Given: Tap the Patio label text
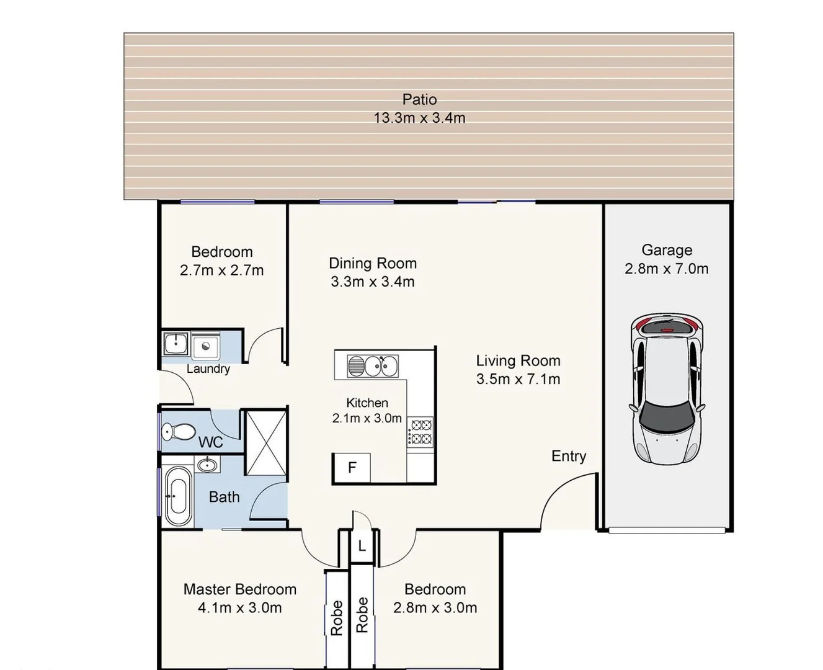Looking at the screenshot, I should click(419, 99).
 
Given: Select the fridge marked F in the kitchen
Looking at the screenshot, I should click(352, 468).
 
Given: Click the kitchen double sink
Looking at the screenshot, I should click(372, 366).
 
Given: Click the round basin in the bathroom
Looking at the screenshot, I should click(207, 464).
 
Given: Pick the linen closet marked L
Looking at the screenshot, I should click(362, 547).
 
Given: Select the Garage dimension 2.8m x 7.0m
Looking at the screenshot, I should click(666, 269).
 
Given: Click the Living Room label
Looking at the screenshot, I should click(518, 360).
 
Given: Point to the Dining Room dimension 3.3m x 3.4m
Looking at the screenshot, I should click(372, 282).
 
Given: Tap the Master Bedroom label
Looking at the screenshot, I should click(239, 589).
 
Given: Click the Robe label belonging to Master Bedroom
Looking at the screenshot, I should click(337, 618).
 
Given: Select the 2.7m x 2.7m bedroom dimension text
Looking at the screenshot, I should click(221, 270).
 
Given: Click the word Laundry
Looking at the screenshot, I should click(208, 369).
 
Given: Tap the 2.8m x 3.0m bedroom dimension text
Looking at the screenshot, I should click(435, 608).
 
